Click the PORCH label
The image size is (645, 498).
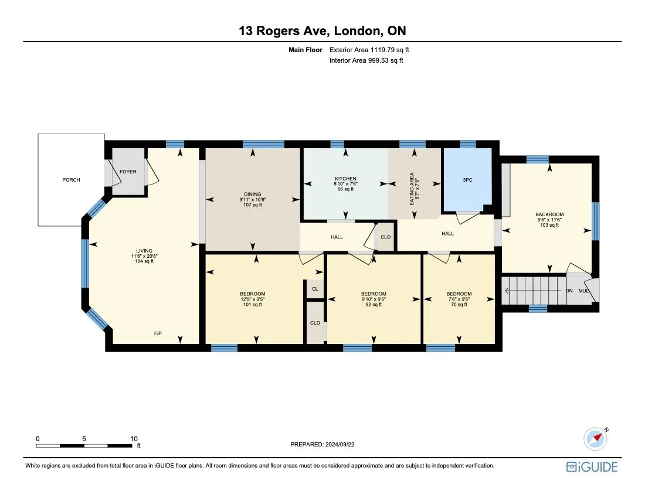point(71,180)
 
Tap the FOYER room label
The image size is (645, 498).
point(128,172)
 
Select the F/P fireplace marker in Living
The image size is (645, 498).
point(158,333)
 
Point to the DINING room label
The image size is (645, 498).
point(253,195)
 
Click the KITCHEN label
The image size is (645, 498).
point(345,179)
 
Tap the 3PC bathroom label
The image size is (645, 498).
point(467,180)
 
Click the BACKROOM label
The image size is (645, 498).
point(549,214)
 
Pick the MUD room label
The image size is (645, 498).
point(584,291)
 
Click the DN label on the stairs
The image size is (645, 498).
point(569,291)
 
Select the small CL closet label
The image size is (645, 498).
point(315,289)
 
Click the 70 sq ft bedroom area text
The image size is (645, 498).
point(459,305)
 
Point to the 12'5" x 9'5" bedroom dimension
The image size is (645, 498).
point(253,299)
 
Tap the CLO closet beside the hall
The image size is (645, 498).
point(385,237)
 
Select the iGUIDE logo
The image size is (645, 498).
point(592,466)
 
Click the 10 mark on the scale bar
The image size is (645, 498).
point(134,438)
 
